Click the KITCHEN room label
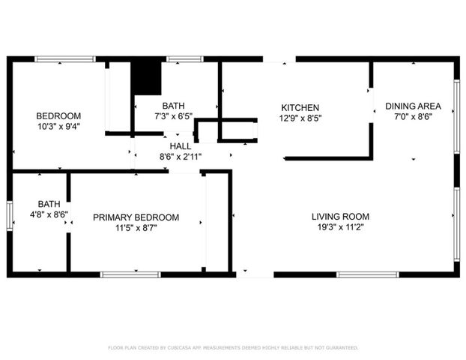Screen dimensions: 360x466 [300, 107]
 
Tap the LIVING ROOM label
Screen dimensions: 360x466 [341, 217]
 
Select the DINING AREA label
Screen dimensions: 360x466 [414, 106]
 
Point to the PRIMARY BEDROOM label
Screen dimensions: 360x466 [136, 217]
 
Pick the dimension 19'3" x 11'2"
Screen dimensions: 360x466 [341, 227]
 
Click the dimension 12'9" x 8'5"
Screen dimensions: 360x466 [300, 118]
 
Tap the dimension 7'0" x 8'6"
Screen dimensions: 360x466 [414, 116]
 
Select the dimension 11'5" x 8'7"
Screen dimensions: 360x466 [136, 228]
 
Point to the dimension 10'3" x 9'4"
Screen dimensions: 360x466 [58, 126]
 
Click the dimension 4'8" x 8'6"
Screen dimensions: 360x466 [49, 214]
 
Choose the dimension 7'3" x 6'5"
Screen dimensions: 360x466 [173, 116]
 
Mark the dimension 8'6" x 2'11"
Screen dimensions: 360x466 [180, 157]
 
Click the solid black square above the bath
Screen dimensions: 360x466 [146, 76]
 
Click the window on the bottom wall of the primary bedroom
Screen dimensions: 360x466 [130, 274]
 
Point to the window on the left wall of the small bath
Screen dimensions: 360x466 [9, 214]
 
